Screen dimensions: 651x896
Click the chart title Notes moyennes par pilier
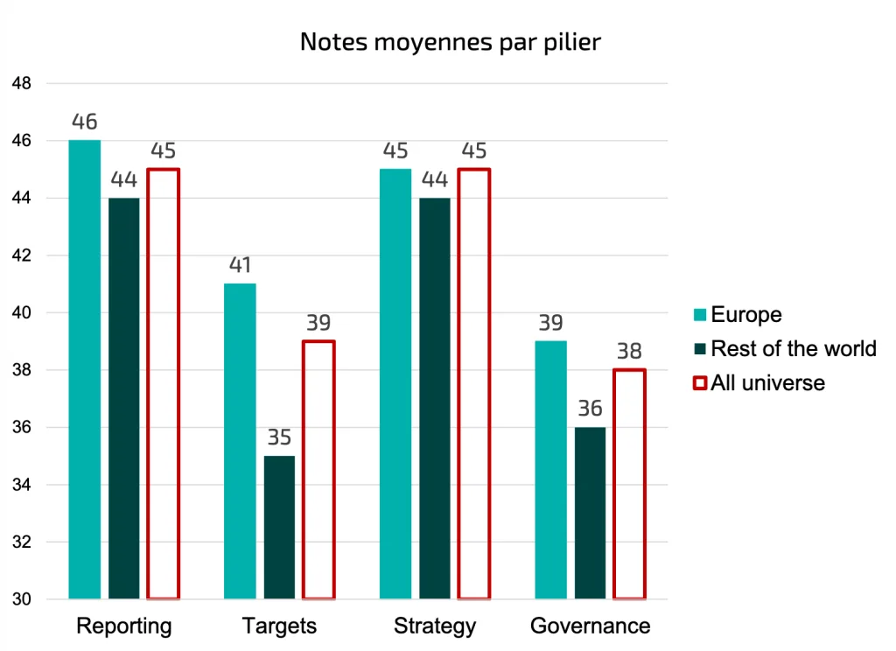[x=450, y=42]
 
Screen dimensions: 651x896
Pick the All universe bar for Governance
[x=629, y=485]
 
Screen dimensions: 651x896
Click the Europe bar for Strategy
[x=395, y=384]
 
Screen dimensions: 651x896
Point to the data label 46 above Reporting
[x=85, y=122]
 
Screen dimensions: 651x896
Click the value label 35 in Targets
[x=279, y=437]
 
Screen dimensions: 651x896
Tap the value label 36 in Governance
[x=590, y=409]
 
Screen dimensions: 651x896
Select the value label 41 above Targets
[x=240, y=265]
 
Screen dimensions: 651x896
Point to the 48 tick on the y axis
[x=22, y=84]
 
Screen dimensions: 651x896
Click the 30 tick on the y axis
[x=22, y=600]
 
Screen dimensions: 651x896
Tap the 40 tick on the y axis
[x=22, y=313]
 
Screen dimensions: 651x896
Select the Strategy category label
[x=435, y=626]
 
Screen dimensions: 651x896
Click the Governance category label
[x=590, y=626]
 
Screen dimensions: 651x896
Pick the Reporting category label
[x=124, y=626]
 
